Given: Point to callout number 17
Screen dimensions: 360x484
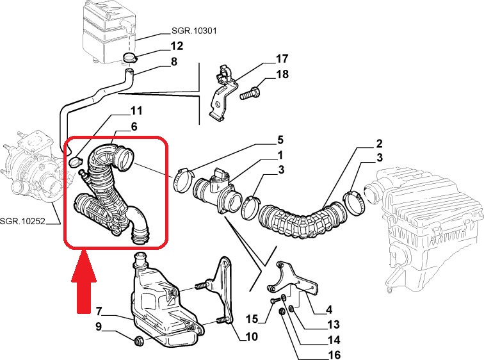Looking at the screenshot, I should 282,59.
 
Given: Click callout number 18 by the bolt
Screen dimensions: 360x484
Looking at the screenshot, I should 282,74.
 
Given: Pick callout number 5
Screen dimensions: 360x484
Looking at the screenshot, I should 280,140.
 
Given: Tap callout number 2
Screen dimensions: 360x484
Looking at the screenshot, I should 379,143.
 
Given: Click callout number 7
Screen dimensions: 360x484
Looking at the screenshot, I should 99,312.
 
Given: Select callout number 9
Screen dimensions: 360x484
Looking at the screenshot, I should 99,327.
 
